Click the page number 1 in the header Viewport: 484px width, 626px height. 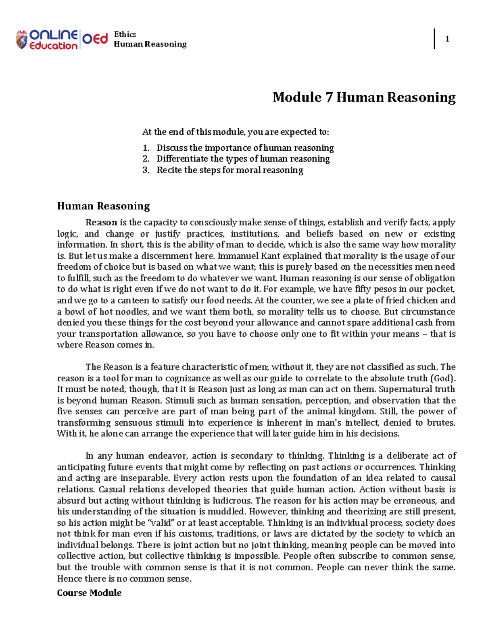(x=447, y=39)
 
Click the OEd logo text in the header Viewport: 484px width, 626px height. (x=95, y=39)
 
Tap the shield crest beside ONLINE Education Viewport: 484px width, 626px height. (x=21, y=40)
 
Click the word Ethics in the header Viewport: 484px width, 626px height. (x=125, y=34)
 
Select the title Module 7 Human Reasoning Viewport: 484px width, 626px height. (x=364, y=97)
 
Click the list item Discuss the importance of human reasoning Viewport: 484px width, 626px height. (x=245, y=148)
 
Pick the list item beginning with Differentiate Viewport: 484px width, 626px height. (x=243, y=159)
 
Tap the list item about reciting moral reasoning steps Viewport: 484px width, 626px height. (x=229, y=170)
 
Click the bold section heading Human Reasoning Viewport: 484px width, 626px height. (x=103, y=206)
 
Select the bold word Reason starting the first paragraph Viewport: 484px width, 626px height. (x=101, y=223)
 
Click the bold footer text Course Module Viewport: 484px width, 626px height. (x=89, y=593)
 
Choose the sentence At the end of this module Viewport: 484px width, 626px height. (x=235, y=132)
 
